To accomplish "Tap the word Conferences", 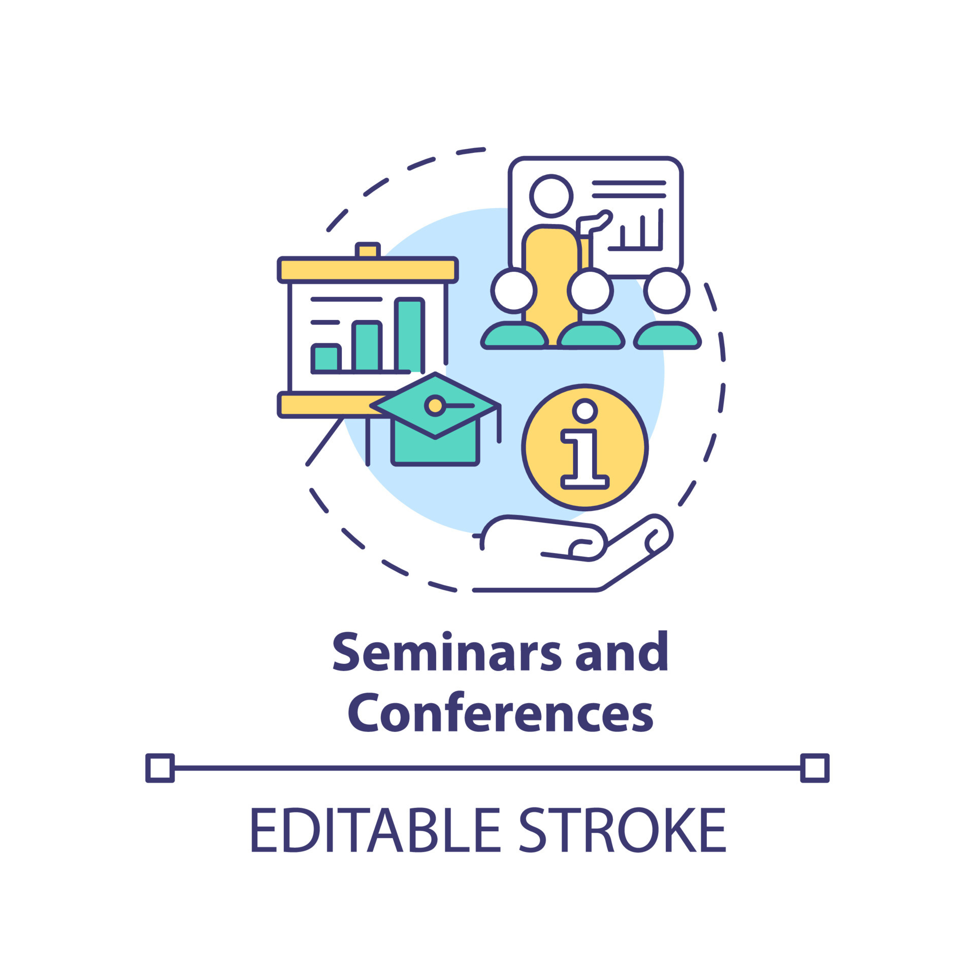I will point(500,714).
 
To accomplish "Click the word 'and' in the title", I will point(622,653).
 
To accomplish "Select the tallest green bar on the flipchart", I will point(409,335).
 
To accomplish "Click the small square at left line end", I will point(160,768).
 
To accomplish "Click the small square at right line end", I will point(815,768).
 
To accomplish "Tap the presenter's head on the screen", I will point(551,196).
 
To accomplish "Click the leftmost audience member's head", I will point(514,290).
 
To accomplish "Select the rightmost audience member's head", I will point(667,290).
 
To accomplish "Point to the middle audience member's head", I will point(590,290).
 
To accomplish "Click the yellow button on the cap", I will point(435,405).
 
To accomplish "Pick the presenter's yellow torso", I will point(551,274).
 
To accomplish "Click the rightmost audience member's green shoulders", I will point(667,337).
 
